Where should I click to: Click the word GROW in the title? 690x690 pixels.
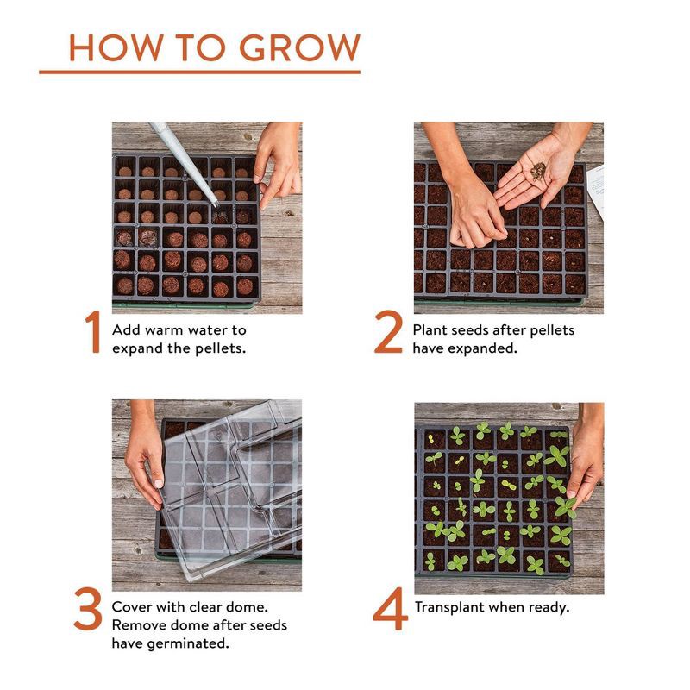299,47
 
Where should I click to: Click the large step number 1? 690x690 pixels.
93,332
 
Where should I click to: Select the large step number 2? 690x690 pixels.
388,332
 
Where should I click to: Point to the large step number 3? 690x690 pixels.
88,609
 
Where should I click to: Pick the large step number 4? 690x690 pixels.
390,609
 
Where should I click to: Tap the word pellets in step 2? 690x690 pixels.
552,331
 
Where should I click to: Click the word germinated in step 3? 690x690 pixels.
188,643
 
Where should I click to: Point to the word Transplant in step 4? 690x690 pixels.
449,608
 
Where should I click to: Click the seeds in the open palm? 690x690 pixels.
537,171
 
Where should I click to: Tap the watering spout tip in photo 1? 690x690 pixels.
215,204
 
